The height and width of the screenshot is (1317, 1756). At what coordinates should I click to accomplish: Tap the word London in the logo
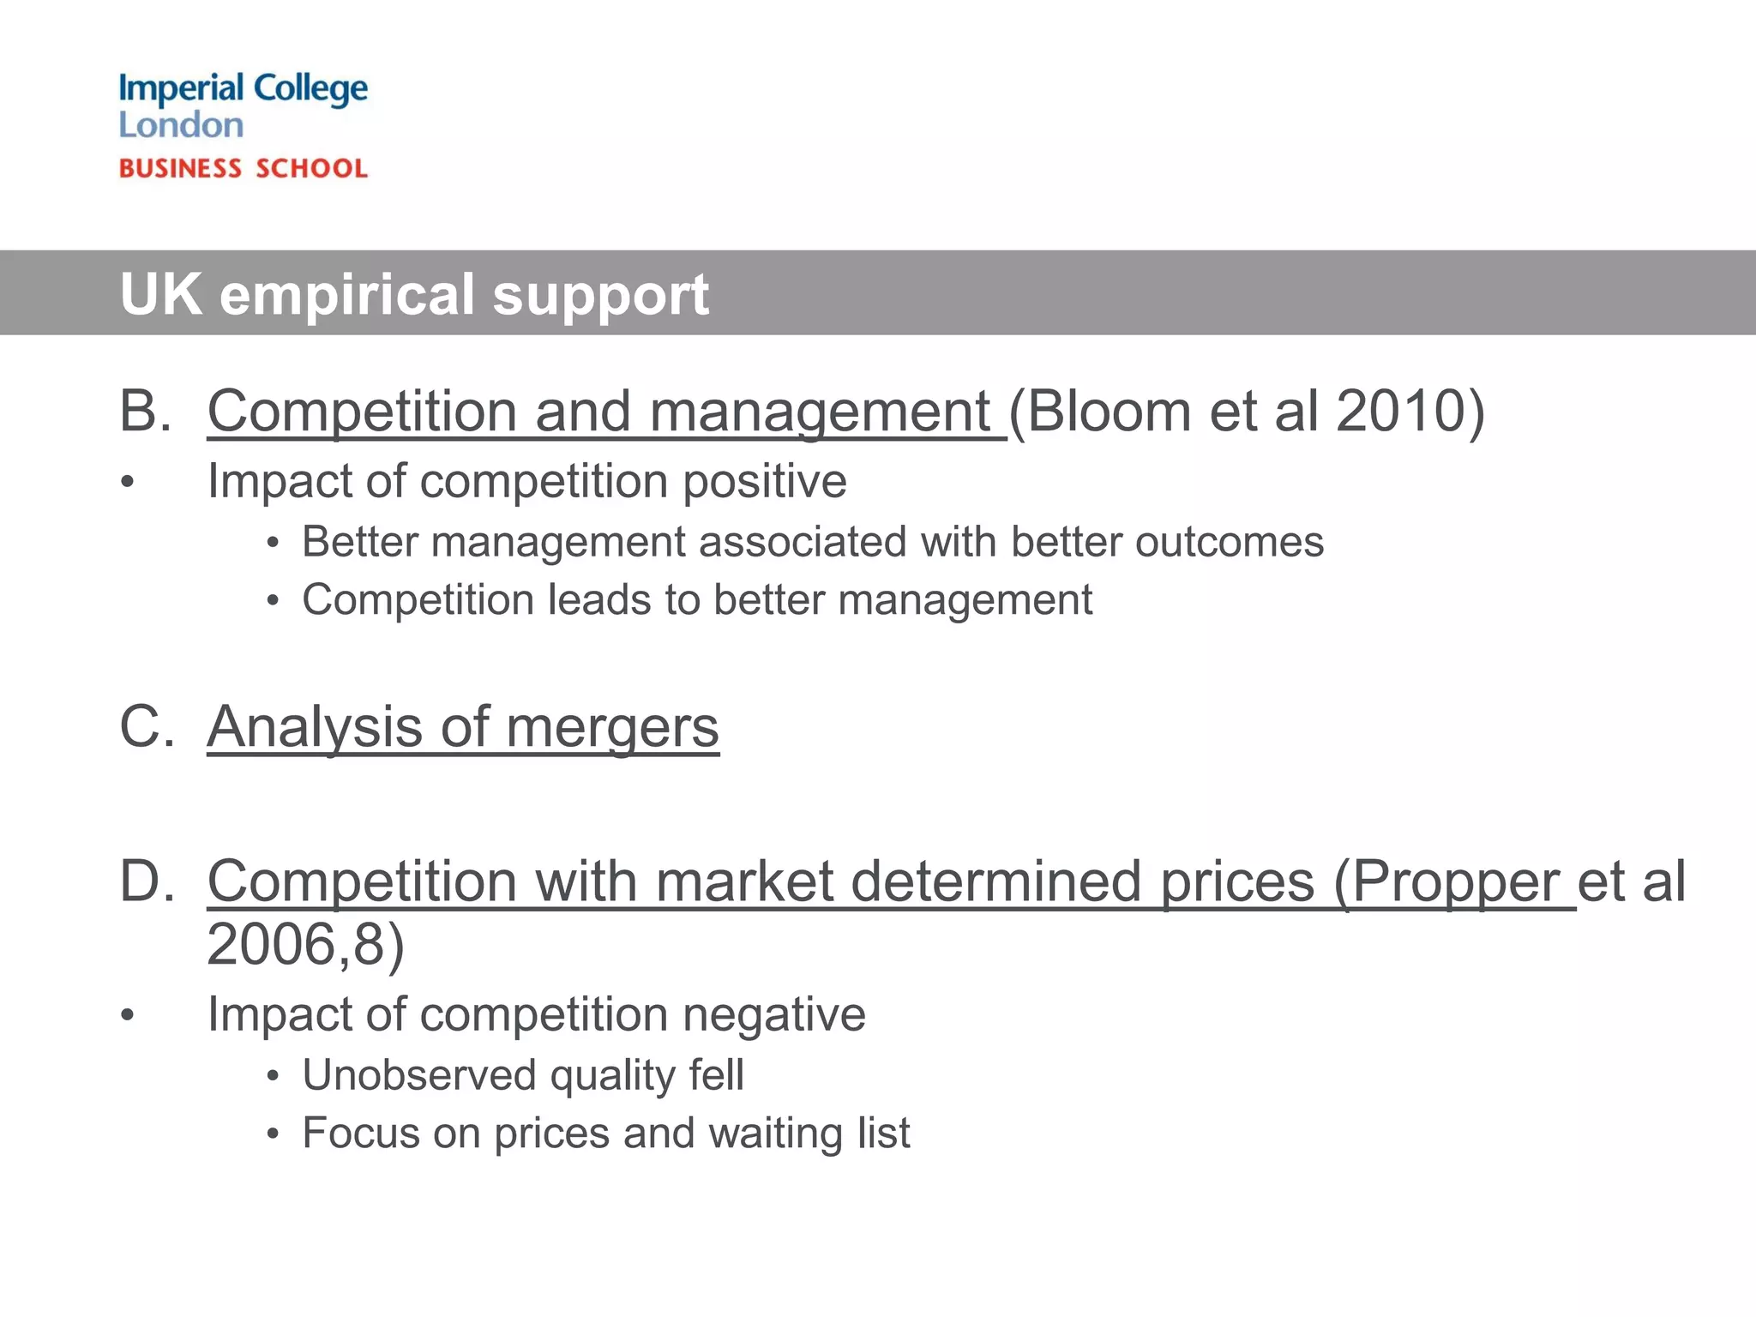(181, 126)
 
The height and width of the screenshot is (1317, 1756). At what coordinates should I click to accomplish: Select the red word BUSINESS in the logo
(180, 168)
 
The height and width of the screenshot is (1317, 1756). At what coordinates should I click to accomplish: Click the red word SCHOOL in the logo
(312, 168)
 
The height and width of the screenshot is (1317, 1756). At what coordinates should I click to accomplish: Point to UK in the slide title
(160, 294)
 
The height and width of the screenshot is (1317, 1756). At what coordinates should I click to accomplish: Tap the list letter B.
(144, 411)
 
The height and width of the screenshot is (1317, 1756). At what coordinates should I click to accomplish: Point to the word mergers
(612, 727)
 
